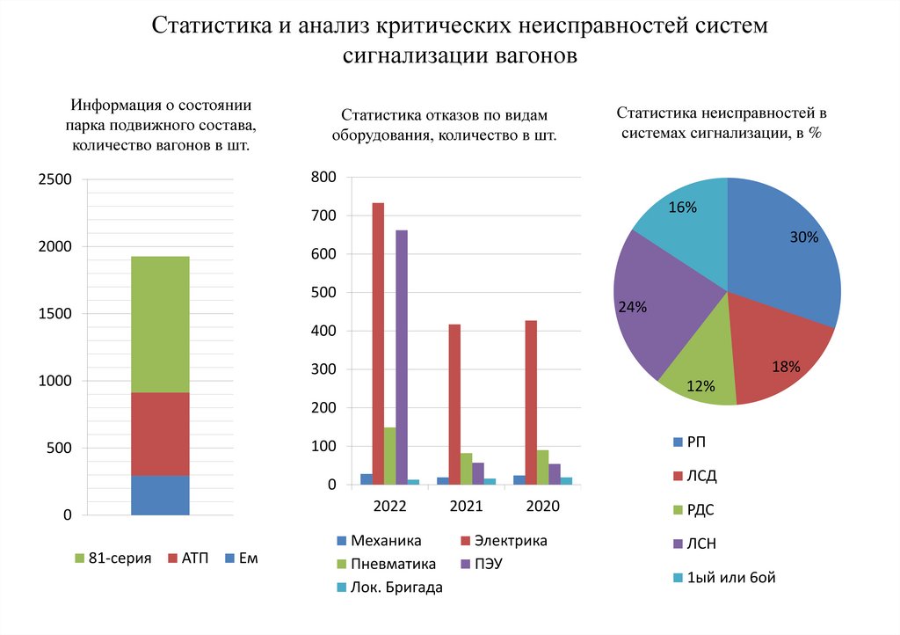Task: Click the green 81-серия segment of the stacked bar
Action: (160, 324)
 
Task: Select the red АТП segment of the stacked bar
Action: (160, 434)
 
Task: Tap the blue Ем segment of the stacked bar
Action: (160, 494)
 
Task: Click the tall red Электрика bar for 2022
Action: (378, 343)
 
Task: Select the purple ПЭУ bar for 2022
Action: (402, 357)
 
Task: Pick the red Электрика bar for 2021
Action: (454, 405)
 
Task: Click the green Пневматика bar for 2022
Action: (389, 456)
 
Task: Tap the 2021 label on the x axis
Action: (466, 507)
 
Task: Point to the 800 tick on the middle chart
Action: (323, 177)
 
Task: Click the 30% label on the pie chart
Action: (804, 237)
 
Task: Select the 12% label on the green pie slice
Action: (700, 385)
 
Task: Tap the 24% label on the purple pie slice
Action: (632, 307)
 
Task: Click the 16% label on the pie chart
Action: (682, 208)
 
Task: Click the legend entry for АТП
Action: (194, 558)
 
